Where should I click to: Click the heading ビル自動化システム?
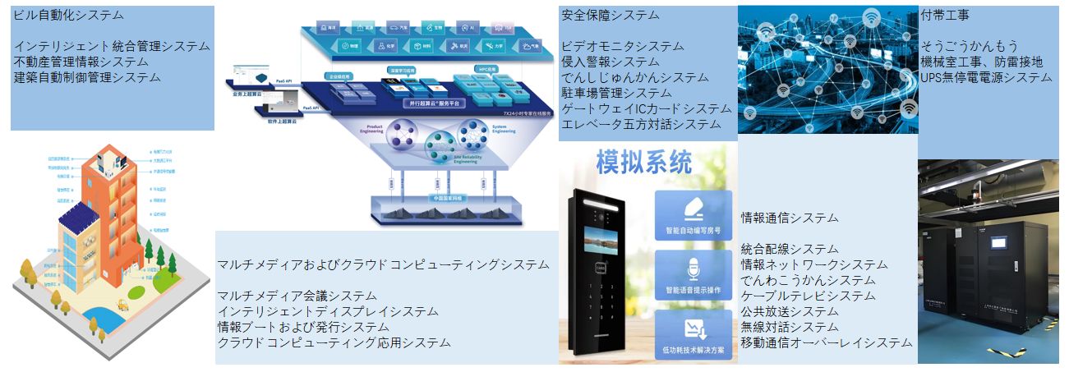[67, 16]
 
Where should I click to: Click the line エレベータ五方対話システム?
[641, 124]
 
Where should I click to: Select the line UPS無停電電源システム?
[986, 77]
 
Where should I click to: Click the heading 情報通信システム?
[790, 218]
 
